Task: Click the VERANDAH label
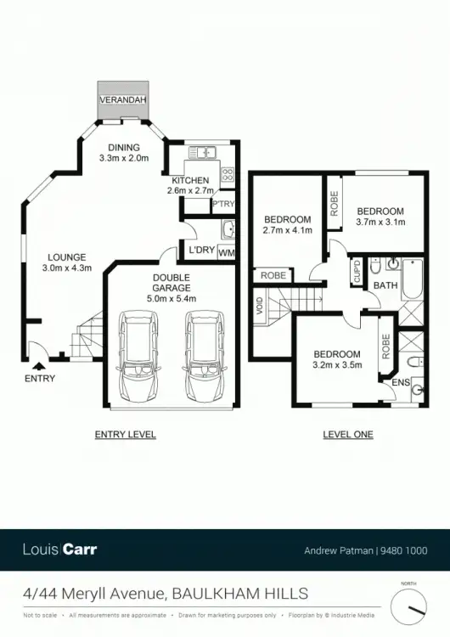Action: pyautogui.click(x=124, y=100)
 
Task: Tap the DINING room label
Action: pyautogui.click(x=124, y=147)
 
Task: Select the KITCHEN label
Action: pyautogui.click(x=190, y=181)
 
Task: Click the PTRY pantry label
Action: pyautogui.click(x=223, y=205)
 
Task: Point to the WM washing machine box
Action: pyautogui.click(x=226, y=252)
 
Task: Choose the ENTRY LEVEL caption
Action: pyautogui.click(x=125, y=435)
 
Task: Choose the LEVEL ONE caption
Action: pyautogui.click(x=348, y=435)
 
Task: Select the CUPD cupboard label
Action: pyautogui.click(x=357, y=273)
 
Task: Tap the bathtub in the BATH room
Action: pyautogui.click(x=411, y=279)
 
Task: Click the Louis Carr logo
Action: pyautogui.click(x=60, y=550)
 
